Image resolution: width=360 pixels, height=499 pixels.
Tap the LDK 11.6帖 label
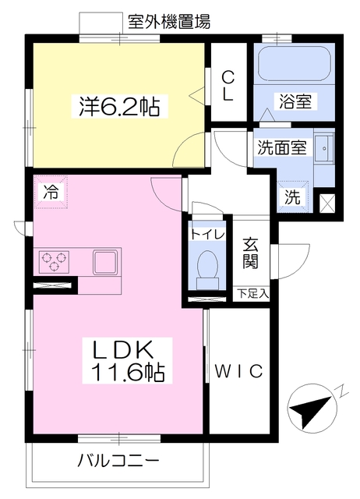(x=128, y=360)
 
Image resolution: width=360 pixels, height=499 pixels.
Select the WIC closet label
(x=239, y=371)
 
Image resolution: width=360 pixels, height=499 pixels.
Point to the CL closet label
(x=228, y=85)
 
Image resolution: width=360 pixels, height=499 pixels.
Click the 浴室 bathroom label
(x=295, y=101)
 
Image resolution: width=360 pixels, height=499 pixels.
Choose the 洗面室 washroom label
(x=281, y=147)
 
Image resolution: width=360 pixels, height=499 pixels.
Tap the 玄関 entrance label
(x=251, y=253)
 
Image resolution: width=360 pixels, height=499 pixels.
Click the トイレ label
(x=207, y=235)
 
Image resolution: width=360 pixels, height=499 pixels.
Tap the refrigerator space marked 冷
(x=51, y=192)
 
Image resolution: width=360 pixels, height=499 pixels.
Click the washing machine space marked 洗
(x=292, y=197)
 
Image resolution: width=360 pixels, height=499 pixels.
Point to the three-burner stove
(x=54, y=262)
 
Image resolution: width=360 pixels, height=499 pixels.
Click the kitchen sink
(x=105, y=262)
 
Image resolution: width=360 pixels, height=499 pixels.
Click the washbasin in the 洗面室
(x=324, y=148)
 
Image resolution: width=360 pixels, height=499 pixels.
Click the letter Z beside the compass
(x=341, y=391)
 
